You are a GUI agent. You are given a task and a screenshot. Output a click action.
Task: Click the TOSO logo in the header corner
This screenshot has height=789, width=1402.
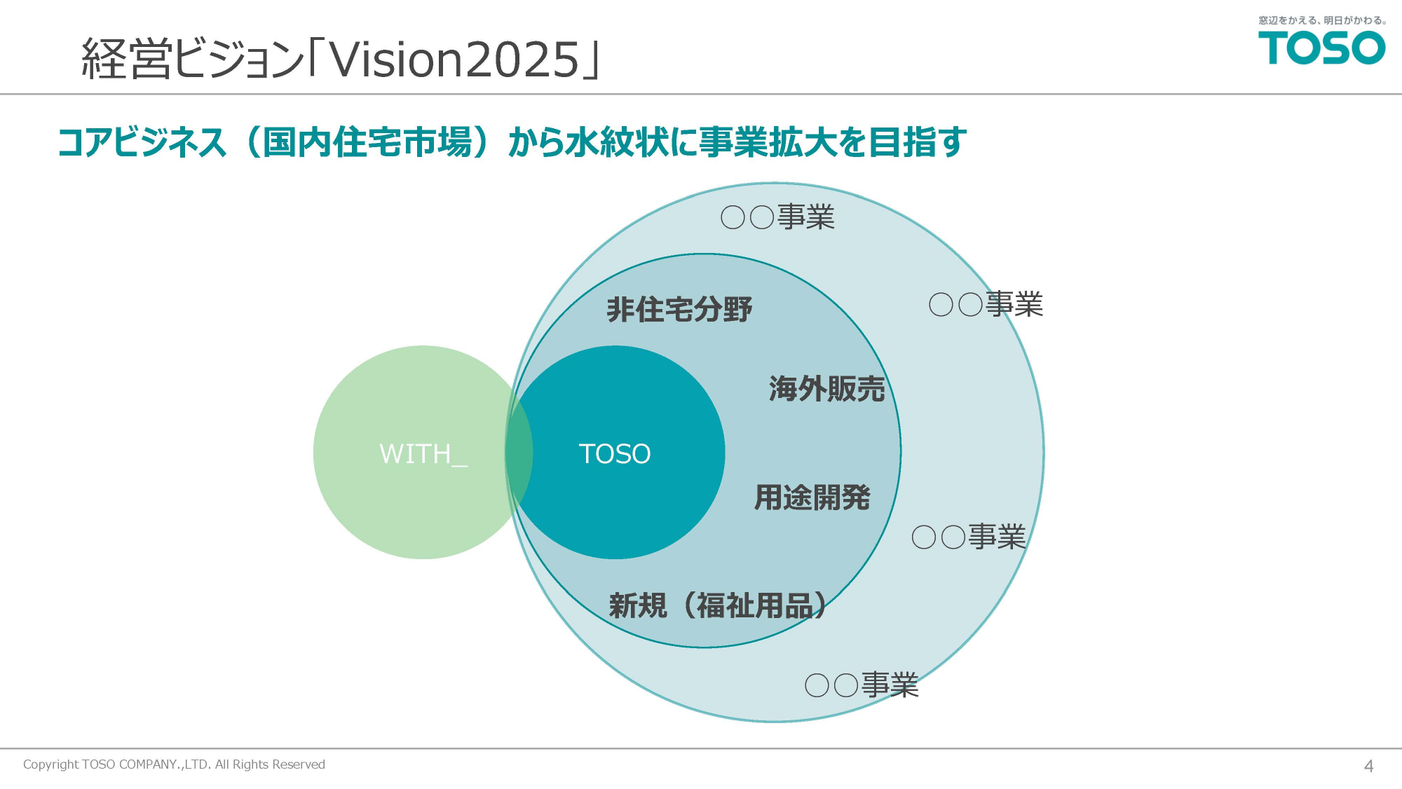tap(1321, 48)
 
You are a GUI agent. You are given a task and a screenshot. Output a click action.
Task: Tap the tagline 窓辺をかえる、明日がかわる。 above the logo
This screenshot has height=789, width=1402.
tap(1322, 20)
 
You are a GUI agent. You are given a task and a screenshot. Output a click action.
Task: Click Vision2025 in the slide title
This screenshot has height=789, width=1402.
tap(454, 60)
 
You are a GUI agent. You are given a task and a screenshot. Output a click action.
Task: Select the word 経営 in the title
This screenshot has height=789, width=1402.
tap(127, 58)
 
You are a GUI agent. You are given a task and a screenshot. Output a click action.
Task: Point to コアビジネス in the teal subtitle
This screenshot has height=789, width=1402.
tap(142, 142)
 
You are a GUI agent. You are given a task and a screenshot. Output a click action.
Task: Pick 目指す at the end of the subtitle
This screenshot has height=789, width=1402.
tap(918, 142)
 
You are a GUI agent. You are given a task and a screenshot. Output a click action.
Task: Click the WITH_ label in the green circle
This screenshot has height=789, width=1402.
tap(423, 454)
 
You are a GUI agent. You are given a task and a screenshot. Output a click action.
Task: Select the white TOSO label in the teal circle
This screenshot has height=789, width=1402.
tap(615, 454)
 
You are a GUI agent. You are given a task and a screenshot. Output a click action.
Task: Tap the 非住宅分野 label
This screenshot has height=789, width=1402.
tap(679, 309)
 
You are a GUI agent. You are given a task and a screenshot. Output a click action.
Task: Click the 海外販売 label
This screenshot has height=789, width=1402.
tap(827, 388)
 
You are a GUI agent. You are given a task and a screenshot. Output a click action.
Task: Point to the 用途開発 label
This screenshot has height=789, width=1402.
tap(812, 498)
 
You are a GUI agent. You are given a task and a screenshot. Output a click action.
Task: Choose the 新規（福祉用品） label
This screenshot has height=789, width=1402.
tap(718, 605)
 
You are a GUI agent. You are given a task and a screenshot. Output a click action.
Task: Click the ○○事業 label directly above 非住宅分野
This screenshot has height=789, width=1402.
tap(778, 217)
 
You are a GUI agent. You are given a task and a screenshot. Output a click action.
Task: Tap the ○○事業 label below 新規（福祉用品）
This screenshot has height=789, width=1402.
tap(862, 685)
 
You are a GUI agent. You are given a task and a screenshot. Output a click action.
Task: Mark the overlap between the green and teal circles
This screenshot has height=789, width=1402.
tap(518, 453)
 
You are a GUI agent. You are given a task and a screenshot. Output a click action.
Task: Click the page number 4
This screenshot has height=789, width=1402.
tap(1368, 766)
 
